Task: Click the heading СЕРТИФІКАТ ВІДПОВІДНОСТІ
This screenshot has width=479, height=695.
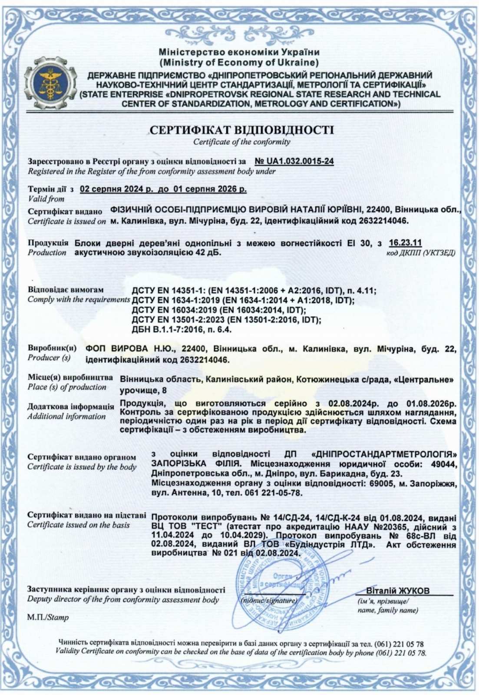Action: [241, 130]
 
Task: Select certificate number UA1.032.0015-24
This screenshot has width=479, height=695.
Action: [294, 161]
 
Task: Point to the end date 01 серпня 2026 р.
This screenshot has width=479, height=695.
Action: [210, 189]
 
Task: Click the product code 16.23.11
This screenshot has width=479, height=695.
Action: [405, 243]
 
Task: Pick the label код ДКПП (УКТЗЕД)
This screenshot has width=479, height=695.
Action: [420, 253]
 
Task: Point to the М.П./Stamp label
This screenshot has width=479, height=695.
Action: [48, 617]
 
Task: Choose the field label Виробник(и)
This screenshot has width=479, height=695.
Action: [52, 348]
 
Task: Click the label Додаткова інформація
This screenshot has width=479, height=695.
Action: [70, 407]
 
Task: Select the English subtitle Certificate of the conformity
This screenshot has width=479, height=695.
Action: [241, 142]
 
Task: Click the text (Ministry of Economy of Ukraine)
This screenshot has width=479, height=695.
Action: [239, 62]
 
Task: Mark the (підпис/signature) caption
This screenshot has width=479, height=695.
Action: [269, 601]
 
